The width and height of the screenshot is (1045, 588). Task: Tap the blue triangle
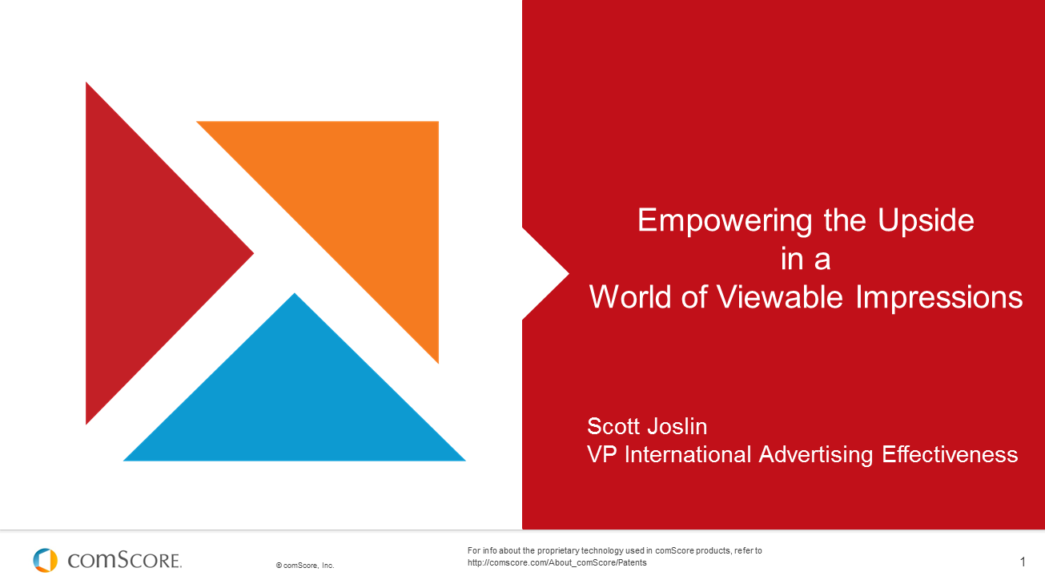[295, 401]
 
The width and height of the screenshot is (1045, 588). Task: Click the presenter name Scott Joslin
[647, 425]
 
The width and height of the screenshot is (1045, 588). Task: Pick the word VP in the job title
[602, 455]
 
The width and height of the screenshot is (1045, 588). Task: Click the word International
[688, 455]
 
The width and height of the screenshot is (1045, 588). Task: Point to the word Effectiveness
[950, 455]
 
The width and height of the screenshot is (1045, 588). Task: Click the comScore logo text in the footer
[125, 560]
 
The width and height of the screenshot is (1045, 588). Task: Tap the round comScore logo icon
[46, 560]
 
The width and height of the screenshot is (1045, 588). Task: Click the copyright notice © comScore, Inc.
[305, 566]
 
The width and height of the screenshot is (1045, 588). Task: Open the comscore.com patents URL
[557, 563]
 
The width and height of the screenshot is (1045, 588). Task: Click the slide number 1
[1023, 562]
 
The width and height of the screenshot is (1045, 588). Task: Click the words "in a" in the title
[806, 259]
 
